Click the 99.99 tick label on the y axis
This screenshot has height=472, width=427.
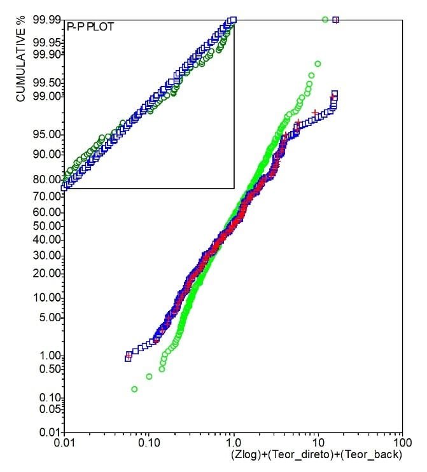tap(48, 20)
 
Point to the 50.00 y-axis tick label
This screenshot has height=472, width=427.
tap(48, 225)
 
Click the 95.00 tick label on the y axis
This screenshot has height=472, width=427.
tap(48, 134)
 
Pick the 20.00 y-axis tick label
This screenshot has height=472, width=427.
tap(48, 274)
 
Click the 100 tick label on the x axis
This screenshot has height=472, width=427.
tap(401, 442)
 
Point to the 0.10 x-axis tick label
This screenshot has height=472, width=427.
tap(149, 442)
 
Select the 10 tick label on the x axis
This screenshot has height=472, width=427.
tap(316, 442)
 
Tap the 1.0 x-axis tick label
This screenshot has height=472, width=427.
tap(233, 442)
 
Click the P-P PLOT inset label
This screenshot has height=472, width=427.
tap(90, 28)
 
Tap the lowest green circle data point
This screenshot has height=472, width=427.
tap(134, 389)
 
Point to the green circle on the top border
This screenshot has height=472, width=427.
tap(326, 20)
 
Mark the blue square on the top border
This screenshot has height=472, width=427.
tap(336, 20)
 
